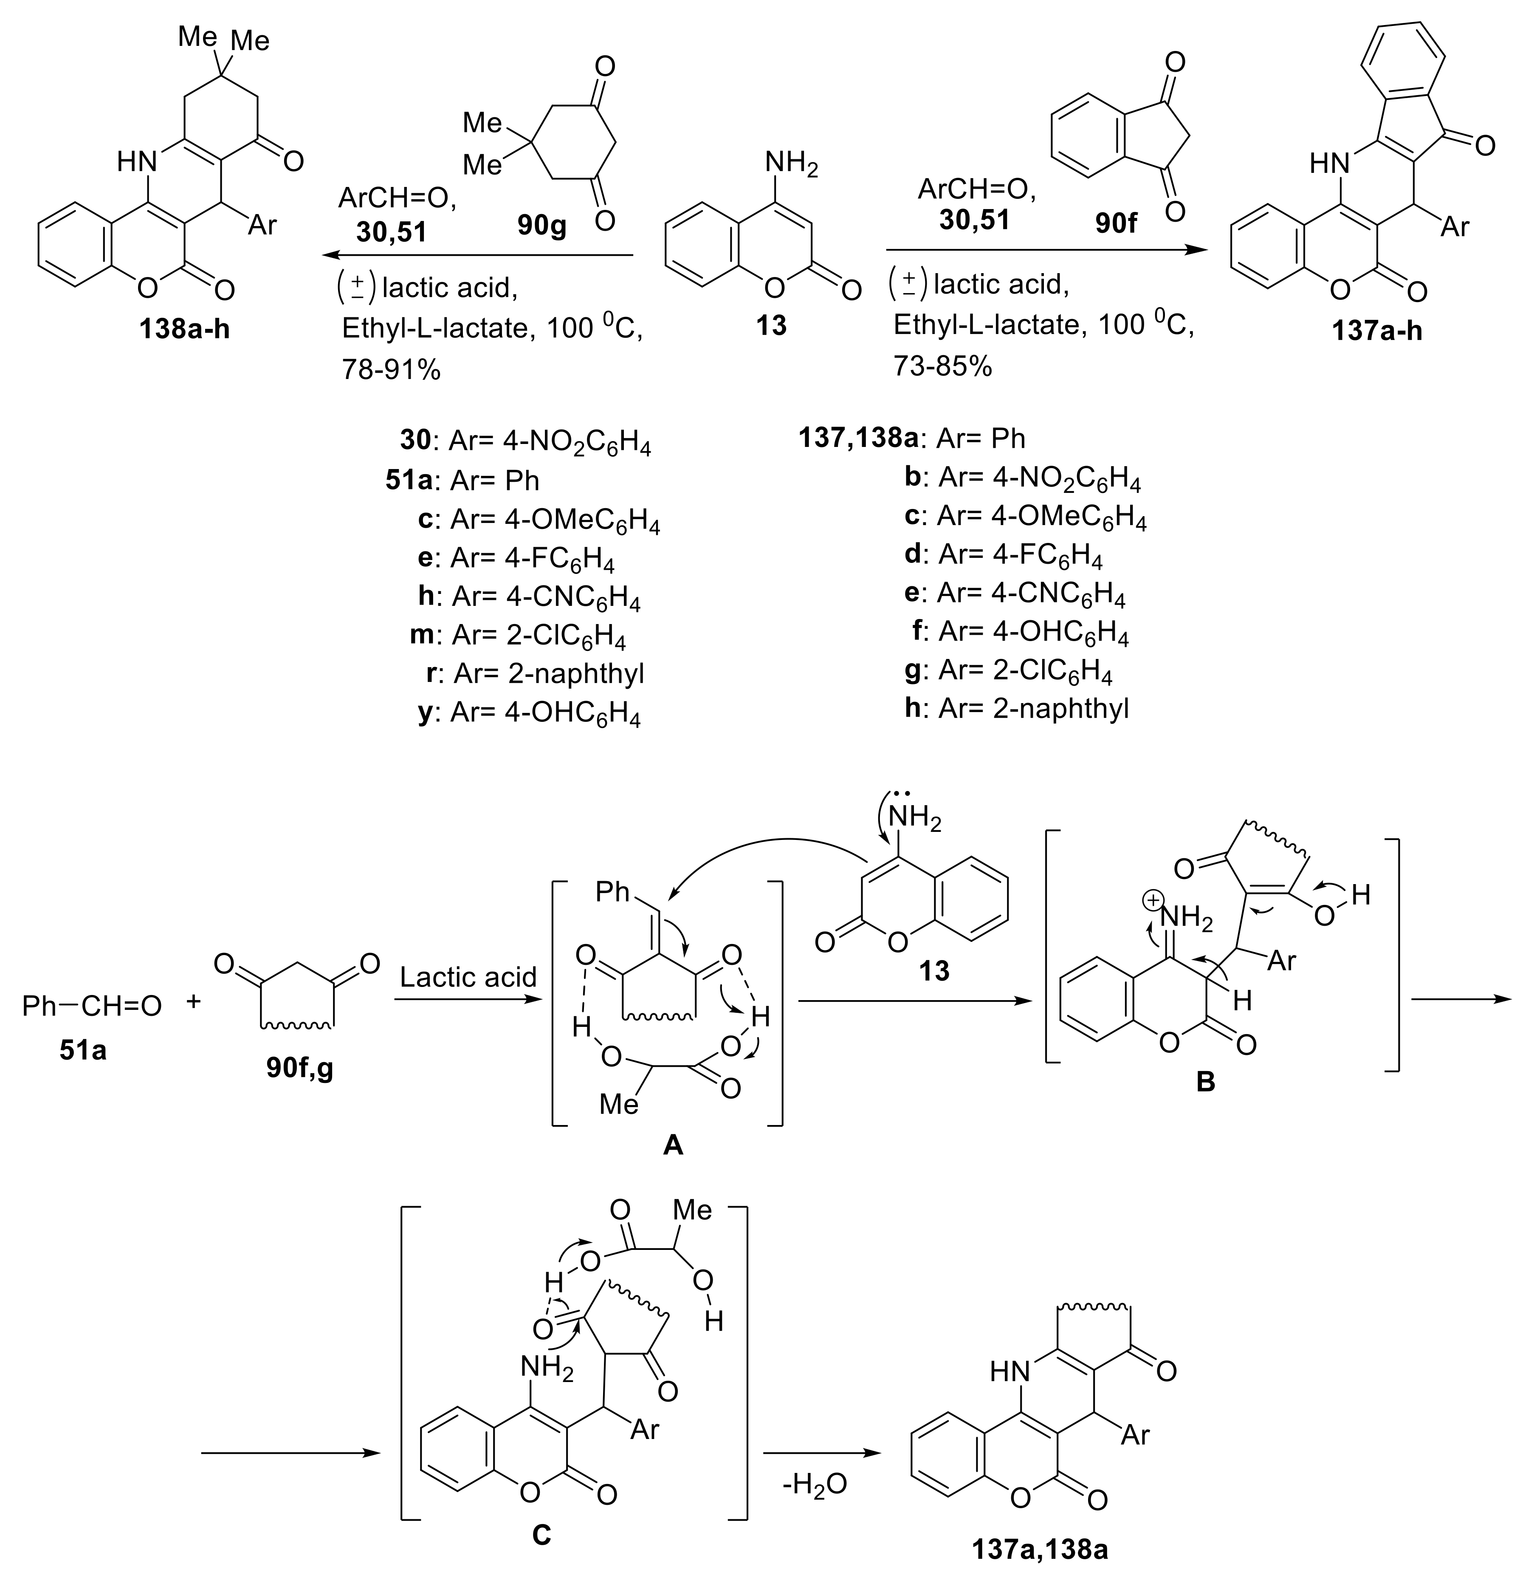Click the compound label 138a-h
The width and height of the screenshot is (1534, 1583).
(184, 329)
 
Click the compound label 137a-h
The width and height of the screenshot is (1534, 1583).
(1376, 331)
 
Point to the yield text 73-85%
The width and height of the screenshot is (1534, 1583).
(942, 366)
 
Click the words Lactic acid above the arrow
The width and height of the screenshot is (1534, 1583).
(468, 977)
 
